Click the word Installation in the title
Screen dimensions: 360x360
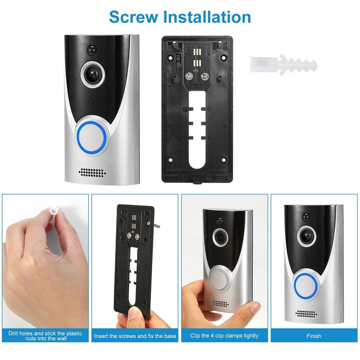207,16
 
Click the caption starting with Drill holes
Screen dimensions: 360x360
45,335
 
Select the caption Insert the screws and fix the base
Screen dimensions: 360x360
135,335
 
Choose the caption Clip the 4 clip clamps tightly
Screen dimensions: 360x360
225,335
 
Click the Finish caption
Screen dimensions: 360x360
314,335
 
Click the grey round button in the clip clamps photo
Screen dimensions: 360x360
221,278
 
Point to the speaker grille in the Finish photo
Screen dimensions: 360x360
306,314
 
